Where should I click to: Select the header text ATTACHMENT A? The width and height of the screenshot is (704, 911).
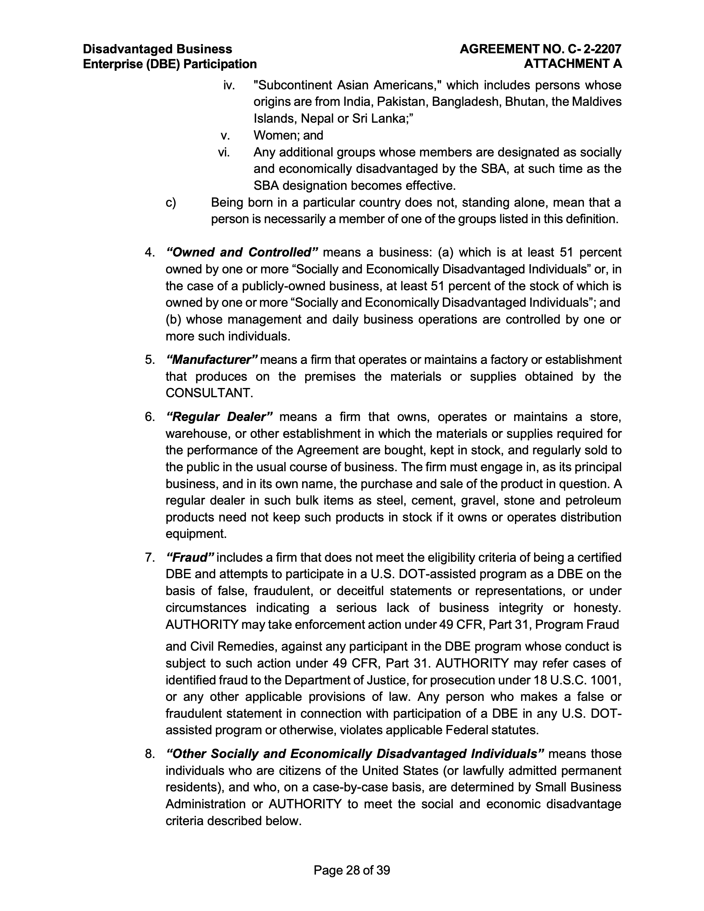coord(572,64)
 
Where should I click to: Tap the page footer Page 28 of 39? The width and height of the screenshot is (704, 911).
coord(352,870)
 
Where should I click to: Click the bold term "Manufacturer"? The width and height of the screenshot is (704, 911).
coord(212,360)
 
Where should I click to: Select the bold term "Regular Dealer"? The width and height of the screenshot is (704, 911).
coord(219,417)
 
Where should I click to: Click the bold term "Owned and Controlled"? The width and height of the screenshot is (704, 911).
coord(242,252)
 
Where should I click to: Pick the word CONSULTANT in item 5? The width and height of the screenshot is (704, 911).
coord(209,393)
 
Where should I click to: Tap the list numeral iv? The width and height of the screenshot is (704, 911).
coord(229,86)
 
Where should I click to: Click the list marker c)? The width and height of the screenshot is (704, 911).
coord(171,203)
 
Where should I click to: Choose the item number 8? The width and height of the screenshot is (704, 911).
coord(150,754)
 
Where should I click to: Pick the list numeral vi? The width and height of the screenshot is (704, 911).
coord(224,152)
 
